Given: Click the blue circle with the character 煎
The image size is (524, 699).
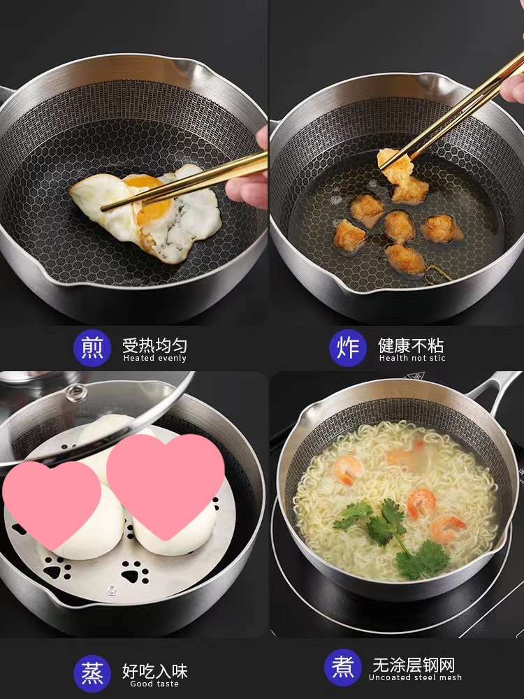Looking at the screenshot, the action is click(x=92, y=348).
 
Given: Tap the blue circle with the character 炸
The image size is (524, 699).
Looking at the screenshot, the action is click(x=348, y=348).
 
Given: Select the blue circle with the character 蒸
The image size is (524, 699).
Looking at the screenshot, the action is click(x=92, y=674).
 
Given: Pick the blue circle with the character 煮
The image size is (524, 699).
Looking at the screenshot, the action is click(x=343, y=668).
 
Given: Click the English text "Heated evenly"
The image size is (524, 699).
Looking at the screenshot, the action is click(x=154, y=358).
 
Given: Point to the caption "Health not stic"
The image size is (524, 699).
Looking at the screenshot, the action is click(x=412, y=358).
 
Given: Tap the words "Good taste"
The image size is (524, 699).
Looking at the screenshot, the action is click(x=154, y=684).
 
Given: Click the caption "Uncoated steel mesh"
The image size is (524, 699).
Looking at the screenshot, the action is click(x=415, y=677).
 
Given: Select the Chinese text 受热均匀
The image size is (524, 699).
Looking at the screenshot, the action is click(x=154, y=345).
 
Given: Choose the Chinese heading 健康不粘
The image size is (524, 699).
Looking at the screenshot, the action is click(x=411, y=345).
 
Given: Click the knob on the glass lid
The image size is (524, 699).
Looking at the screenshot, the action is click(x=76, y=393).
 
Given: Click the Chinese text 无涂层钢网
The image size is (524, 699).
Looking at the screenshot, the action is click(x=414, y=665).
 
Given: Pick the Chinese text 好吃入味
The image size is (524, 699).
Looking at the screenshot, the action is click(x=154, y=671).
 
